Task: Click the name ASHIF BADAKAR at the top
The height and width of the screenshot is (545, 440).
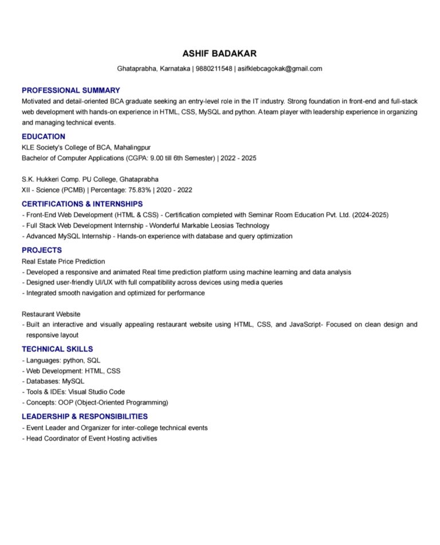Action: [x=219, y=54]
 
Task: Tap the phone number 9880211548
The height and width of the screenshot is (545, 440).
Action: [x=214, y=69]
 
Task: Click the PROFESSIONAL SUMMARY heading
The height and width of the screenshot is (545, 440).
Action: [x=71, y=90]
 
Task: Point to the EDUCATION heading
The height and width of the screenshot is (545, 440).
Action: [x=44, y=137]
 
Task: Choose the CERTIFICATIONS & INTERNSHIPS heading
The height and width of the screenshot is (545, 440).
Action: [x=82, y=204]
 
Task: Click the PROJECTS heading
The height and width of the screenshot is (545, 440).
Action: [x=42, y=250]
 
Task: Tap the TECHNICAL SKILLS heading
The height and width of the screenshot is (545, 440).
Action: [x=57, y=349]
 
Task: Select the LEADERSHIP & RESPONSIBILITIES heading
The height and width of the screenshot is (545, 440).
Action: [x=85, y=416]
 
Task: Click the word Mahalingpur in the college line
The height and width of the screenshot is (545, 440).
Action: [x=132, y=147]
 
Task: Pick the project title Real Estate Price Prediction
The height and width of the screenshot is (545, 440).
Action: [x=64, y=261]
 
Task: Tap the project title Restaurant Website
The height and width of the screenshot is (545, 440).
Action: [x=51, y=314]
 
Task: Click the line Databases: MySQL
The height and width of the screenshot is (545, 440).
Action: [x=55, y=381]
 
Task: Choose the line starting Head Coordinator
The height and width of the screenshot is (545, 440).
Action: [x=89, y=438]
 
